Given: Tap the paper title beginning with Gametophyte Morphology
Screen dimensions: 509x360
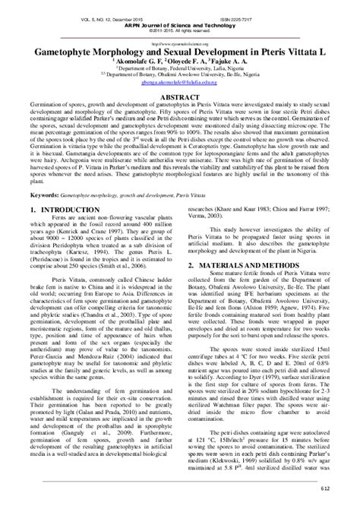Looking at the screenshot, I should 180,55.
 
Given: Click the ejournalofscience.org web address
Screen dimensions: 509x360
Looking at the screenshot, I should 180,43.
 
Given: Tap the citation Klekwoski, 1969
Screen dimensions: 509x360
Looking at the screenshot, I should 237,459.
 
